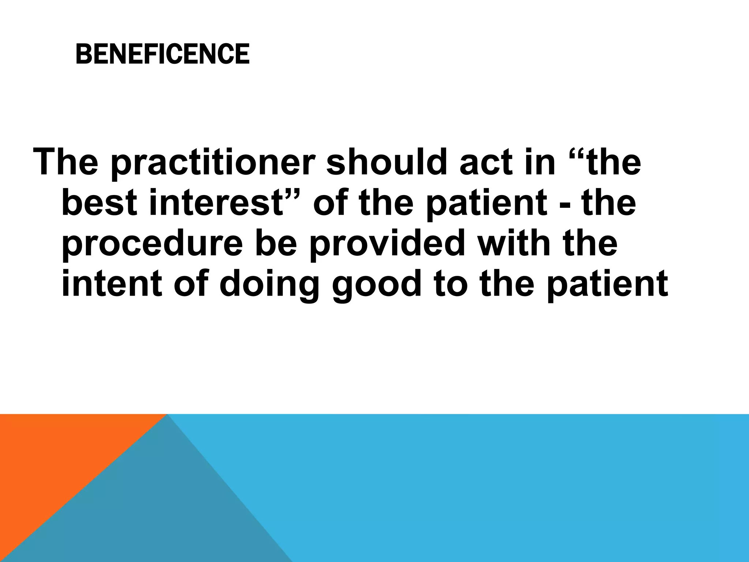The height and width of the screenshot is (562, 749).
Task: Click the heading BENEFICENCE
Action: pyautogui.click(x=162, y=54)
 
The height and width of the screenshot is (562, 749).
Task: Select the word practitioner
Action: pyautogui.click(x=212, y=163)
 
